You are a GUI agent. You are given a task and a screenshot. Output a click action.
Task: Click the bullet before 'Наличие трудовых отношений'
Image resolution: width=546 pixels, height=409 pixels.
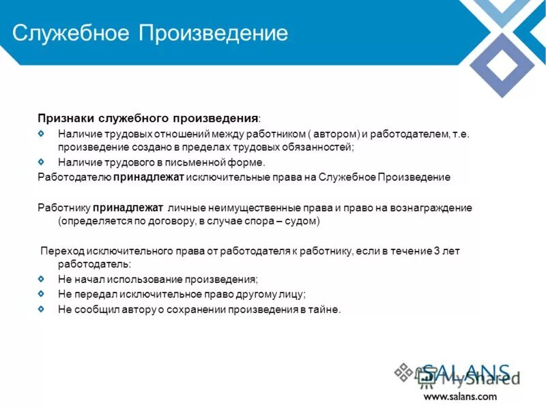(42, 134)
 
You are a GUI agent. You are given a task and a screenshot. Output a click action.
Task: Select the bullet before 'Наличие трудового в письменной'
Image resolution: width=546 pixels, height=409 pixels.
(42, 162)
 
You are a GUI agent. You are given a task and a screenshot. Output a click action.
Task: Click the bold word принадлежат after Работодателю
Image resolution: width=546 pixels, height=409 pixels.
(143, 177)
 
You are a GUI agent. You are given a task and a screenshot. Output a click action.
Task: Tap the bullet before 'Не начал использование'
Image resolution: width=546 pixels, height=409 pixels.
(42, 279)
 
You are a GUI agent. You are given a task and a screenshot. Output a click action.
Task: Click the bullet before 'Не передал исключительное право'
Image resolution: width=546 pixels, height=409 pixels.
(42, 294)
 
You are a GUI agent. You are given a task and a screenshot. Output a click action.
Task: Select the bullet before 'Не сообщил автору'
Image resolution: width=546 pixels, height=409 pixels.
(42, 309)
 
